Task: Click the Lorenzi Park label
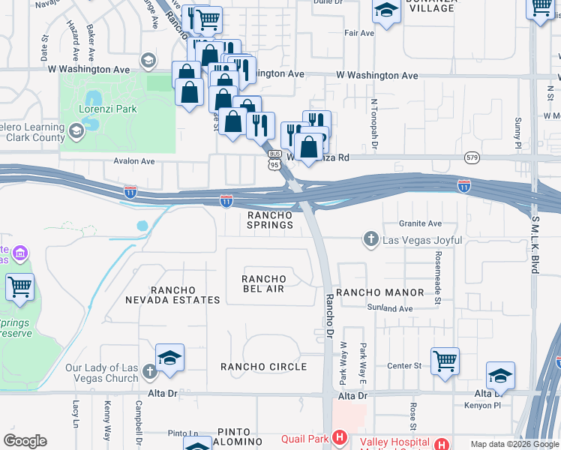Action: point(109,109)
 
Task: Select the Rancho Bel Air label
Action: point(262,284)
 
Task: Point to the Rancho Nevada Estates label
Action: point(185,295)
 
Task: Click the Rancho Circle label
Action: point(263,367)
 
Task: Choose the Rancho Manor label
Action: point(379,292)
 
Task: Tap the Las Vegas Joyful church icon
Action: point(370,240)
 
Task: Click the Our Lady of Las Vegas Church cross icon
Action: point(150,370)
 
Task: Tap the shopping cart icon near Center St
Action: point(445,360)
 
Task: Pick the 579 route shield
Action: point(472,157)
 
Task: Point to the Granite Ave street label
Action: point(420,223)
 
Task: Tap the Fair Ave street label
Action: point(358,33)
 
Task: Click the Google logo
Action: point(25,441)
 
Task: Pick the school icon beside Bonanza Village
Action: point(386,11)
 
